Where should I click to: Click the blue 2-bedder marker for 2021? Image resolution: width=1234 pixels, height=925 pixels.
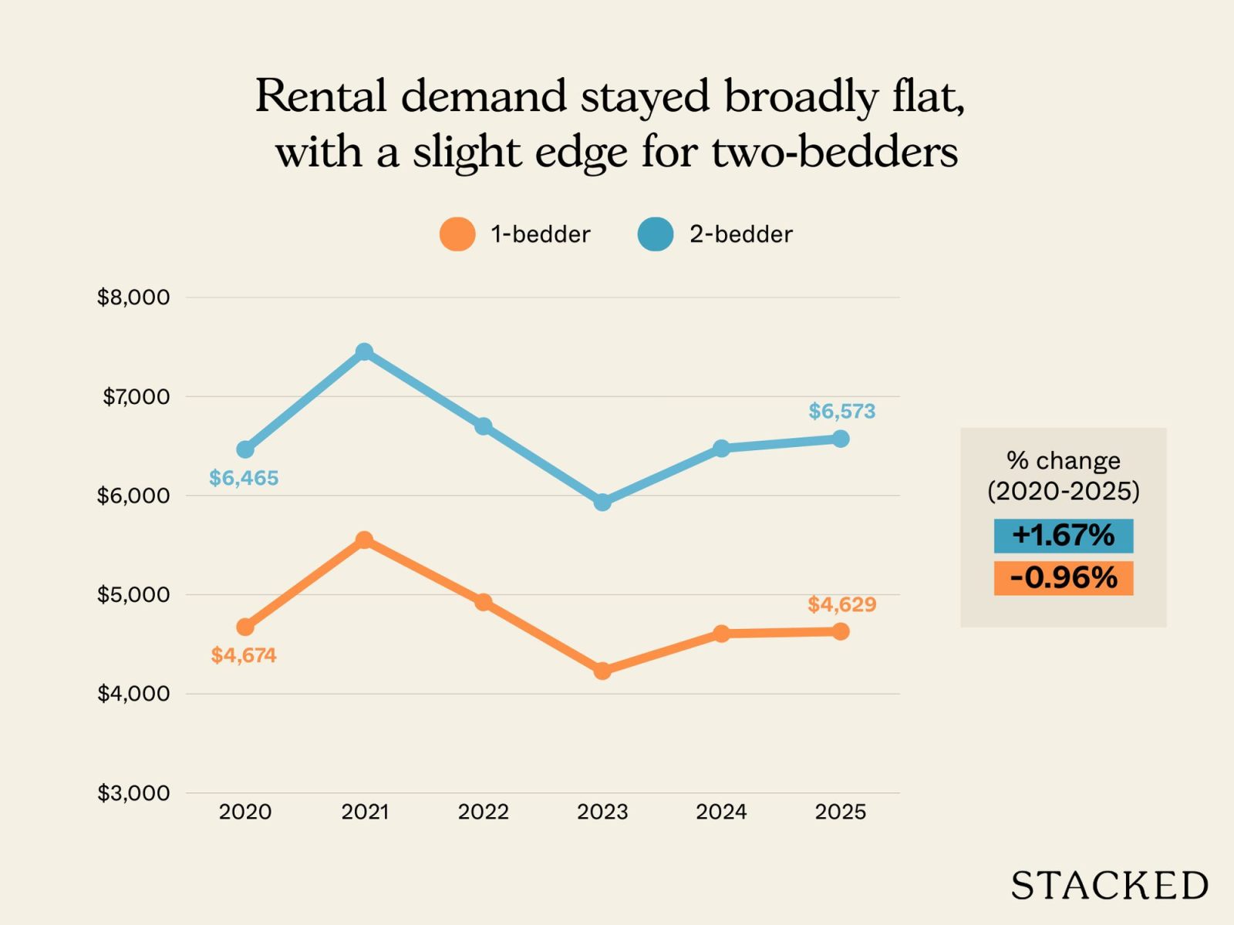(x=364, y=352)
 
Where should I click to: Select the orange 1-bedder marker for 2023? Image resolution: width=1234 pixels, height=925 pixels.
(x=602, y=671)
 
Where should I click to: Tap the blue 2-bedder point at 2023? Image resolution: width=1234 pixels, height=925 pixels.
(x=602, y=503)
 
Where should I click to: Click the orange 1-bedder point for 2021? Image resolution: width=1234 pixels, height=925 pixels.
(x=364, y=540)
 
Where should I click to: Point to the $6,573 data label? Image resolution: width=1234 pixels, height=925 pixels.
(x=841, y=412)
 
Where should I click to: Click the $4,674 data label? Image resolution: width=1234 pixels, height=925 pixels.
(x=244, y=655)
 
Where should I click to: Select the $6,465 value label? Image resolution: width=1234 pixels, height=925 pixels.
(x=244, y=478)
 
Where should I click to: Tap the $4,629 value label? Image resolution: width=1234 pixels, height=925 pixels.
(x=841, y=604)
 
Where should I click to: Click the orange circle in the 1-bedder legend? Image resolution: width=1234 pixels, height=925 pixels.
(x=457, y=234)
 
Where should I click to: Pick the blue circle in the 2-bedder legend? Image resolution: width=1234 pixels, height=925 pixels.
(x=656, y=234)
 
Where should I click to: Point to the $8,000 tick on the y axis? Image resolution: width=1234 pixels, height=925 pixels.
(x=133, y=298)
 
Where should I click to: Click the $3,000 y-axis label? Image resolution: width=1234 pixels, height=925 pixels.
(x=133, y=793)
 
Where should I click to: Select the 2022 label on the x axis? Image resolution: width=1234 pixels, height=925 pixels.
(x=484, y=812)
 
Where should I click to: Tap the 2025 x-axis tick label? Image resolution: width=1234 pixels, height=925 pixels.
(x=841, y=812)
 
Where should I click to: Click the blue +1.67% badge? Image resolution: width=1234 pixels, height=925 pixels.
(x=1063, y=536)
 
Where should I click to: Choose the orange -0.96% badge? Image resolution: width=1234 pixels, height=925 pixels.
(x=1063, y=578)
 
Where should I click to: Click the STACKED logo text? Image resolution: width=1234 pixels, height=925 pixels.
(x=1109, y=886)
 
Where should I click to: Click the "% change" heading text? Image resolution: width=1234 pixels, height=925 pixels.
(x=1063, y=461)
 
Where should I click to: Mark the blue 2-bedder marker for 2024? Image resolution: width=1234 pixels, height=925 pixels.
(x=721, y=449)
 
